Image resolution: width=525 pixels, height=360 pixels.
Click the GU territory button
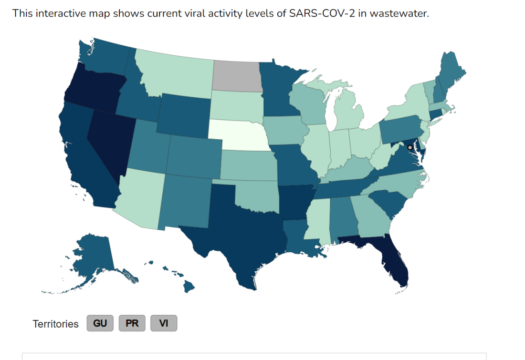coord(100,323)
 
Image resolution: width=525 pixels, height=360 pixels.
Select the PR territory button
coord(132,323)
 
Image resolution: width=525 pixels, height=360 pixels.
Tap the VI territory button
coord(164,323)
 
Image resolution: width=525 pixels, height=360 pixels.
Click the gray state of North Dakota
coord(237,76)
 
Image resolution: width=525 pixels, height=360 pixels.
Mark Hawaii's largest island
coord(189,287)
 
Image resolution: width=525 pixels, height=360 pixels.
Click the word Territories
coord(55,324)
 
